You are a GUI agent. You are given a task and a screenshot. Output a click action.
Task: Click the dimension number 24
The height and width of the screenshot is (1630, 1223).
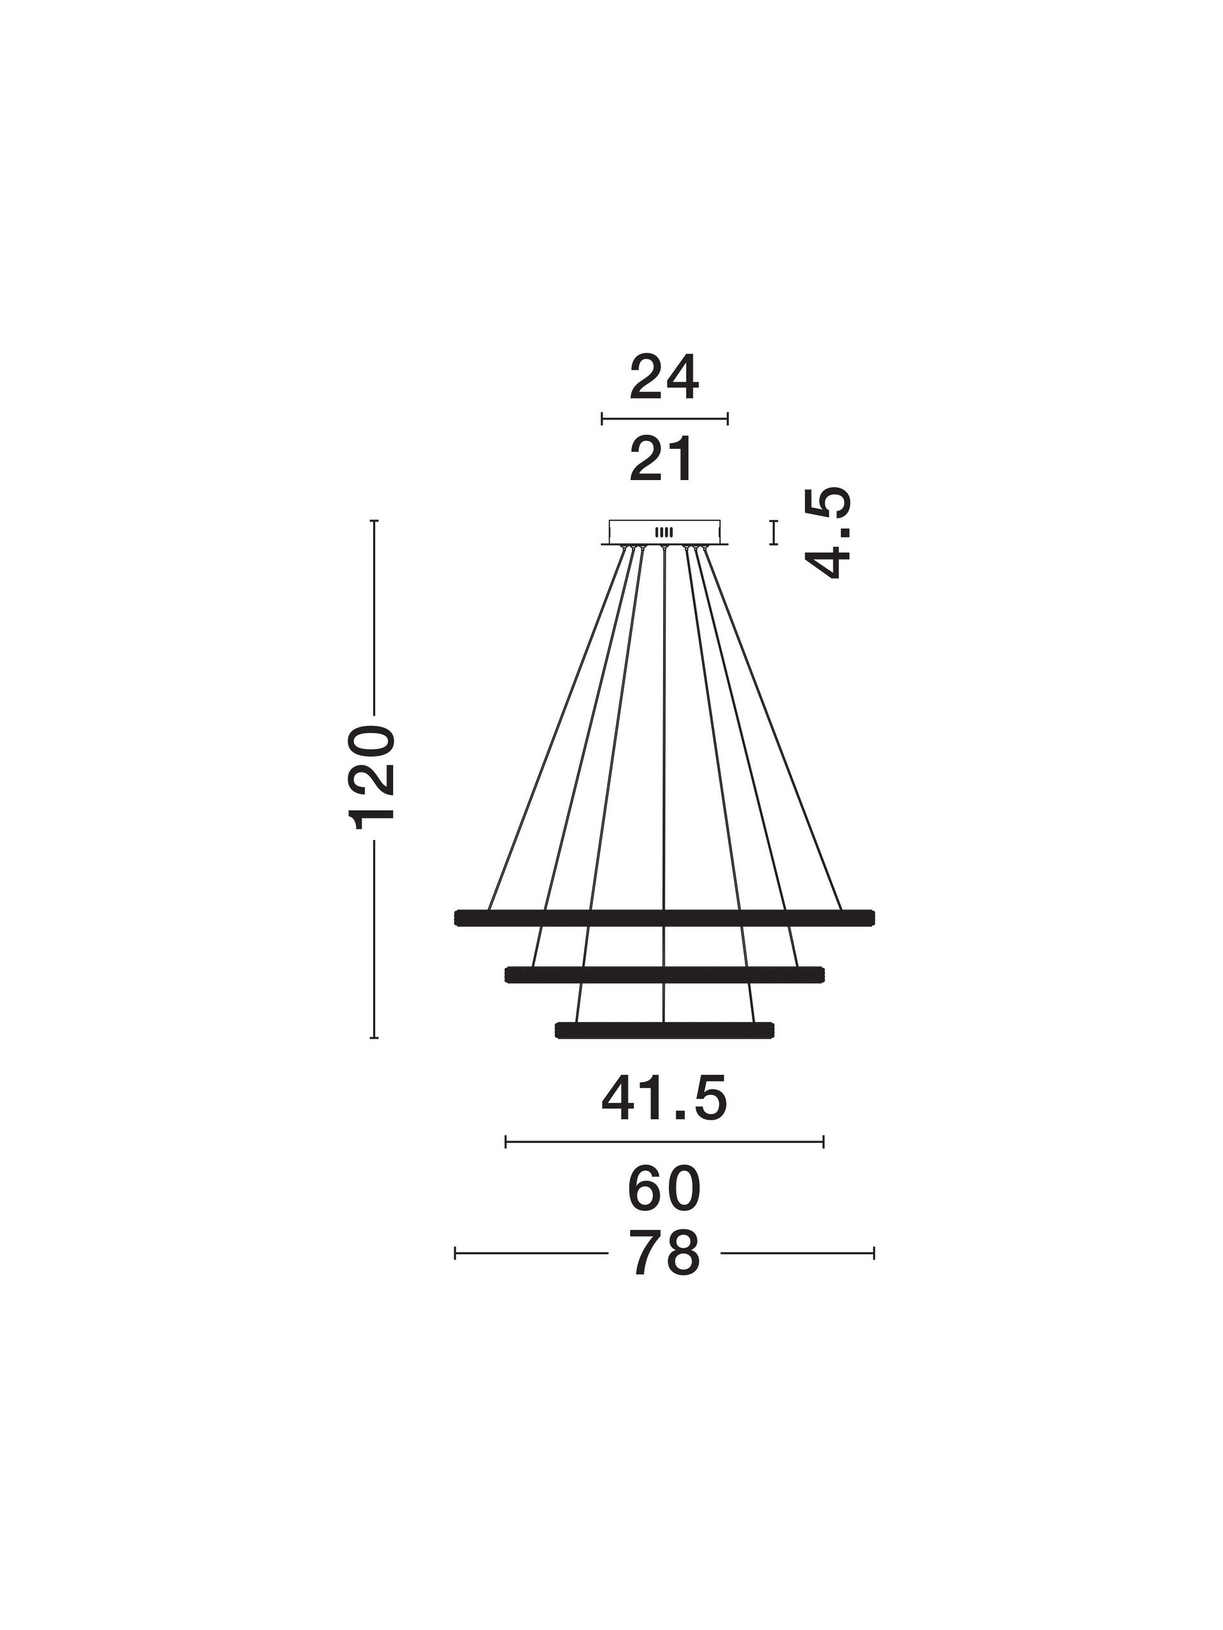point(664,378)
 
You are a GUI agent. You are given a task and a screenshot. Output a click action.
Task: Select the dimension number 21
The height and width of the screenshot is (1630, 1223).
point(661,458)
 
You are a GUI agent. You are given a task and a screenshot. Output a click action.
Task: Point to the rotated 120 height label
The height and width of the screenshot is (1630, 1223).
point(374,777)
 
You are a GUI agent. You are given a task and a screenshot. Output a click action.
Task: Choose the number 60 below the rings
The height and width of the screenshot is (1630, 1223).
point(664,1189)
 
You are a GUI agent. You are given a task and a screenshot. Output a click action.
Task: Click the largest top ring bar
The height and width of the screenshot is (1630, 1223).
point(664,918)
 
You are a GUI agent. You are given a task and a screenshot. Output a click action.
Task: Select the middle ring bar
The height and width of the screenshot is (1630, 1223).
point(664,975)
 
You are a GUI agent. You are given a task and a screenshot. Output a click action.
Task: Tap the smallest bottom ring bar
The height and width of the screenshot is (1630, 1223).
point(664,1030)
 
